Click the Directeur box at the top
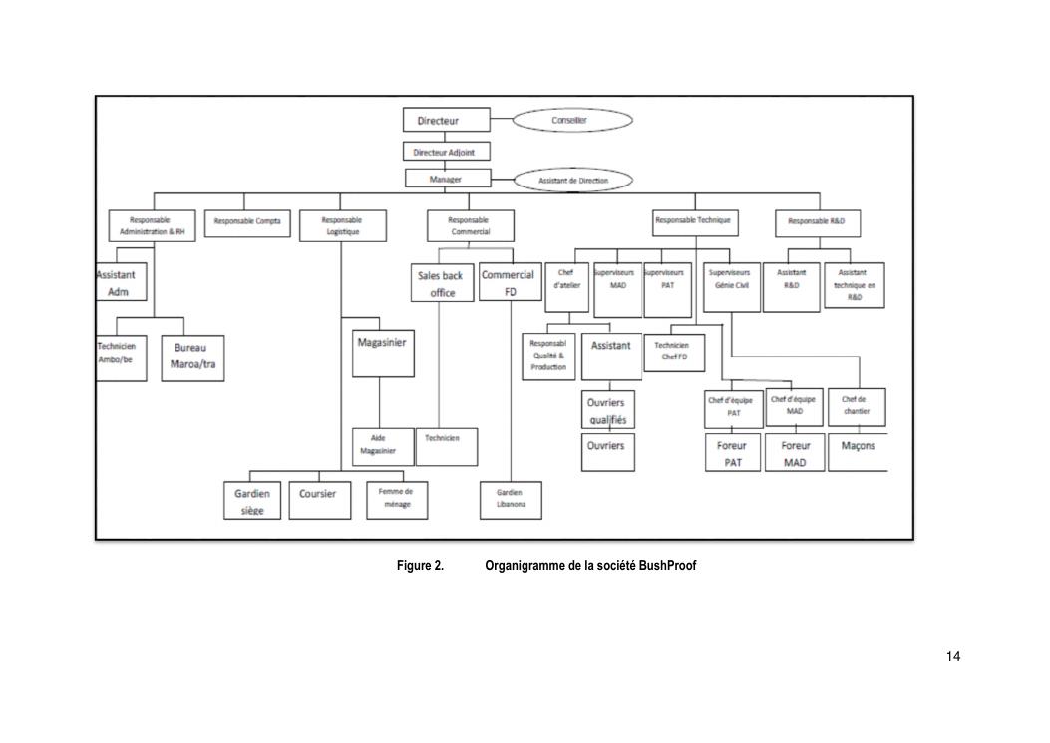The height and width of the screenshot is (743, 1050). click(x=446, y=120)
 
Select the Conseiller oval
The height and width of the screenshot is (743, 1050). click(x=572, y=120)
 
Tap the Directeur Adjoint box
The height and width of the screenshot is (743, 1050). click(x=446, y=152)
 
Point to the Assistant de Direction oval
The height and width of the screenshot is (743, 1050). click(x=573, y=180)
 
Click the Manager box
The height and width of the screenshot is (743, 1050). click(x=446, y=179)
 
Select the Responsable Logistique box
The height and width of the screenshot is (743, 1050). click(x=341, y=225)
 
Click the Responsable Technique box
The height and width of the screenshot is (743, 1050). click(x=692, y=220)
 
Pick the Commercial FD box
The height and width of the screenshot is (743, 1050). click(x=510, y=283)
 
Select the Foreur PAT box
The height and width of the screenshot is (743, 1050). click(x=732, y=454)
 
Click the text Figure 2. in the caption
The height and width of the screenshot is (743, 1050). click(x=420, y=566)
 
